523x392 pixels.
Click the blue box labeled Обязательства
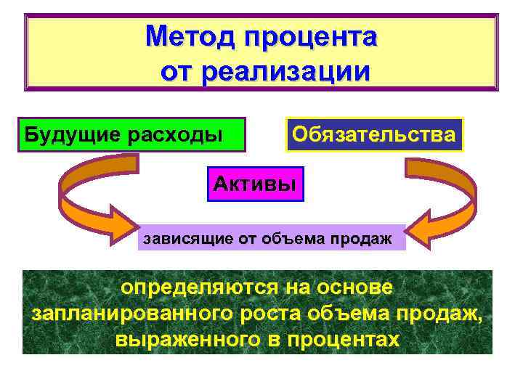click(x=374, y=134)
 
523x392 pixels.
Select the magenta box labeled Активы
click(x=255, y=183)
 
